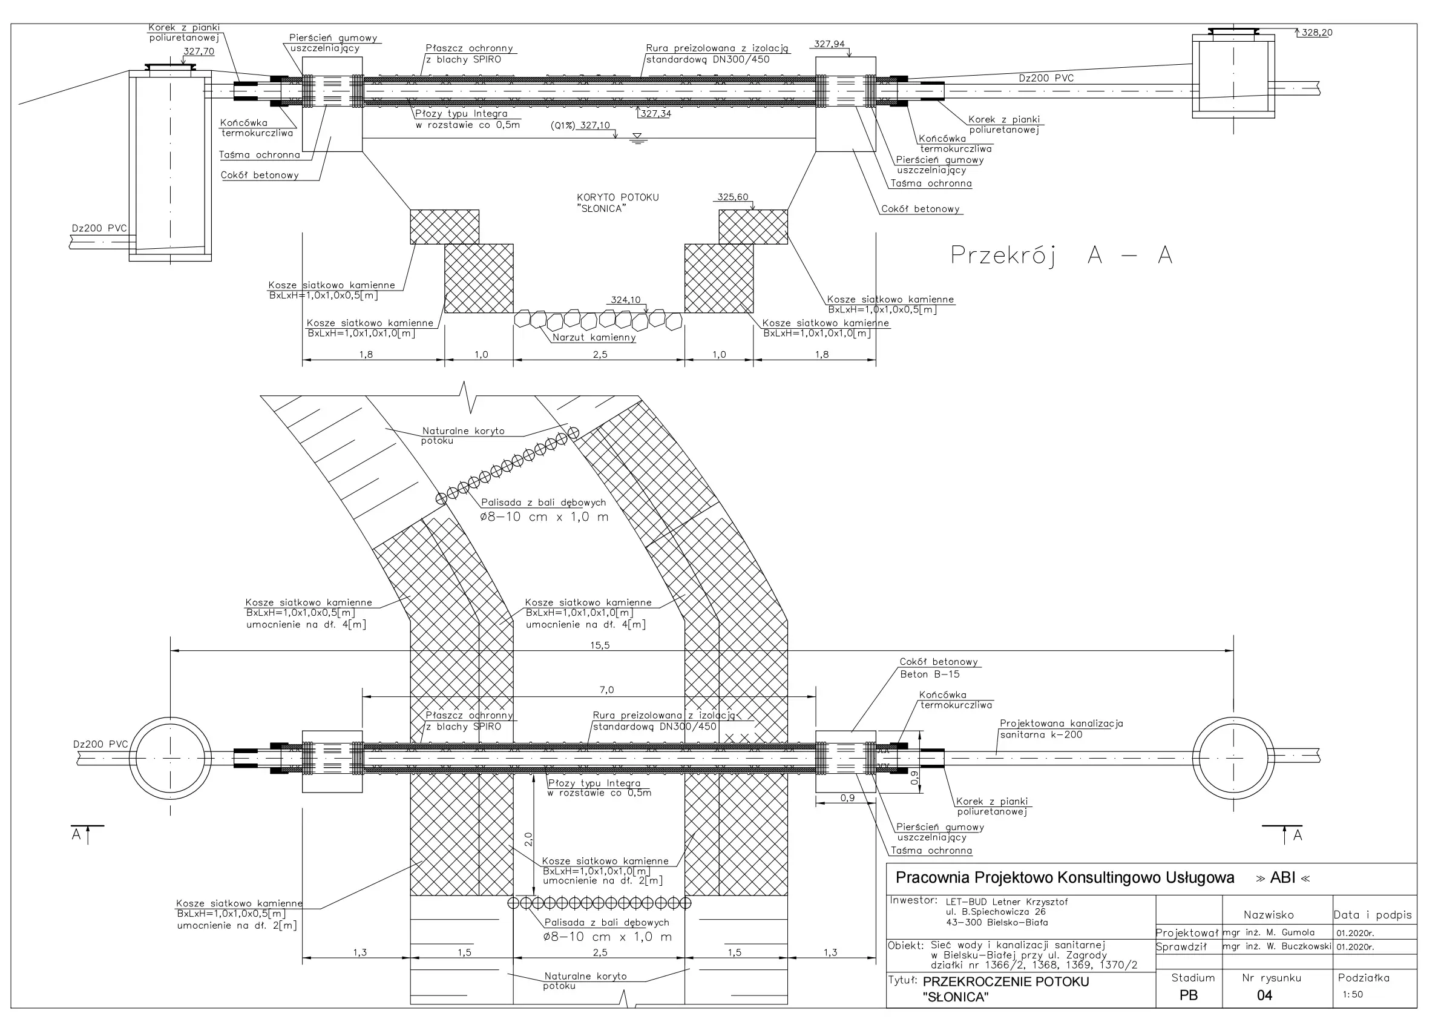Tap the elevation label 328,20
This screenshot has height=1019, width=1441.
(x=1316, y=33)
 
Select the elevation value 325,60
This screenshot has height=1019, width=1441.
(x=732, y=197)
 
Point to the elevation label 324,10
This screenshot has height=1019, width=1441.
(x=626, y=300)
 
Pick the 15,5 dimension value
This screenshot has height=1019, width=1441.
(x=599, y=645)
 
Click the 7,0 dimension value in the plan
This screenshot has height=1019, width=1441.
(x=606, y=690)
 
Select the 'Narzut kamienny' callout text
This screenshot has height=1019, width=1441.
(x=594, y=338)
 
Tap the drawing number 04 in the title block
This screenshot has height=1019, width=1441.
(x=1264, y=995)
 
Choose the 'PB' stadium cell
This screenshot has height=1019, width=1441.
(x=1188, y=995)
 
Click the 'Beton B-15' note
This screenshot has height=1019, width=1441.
(x=930, y=674)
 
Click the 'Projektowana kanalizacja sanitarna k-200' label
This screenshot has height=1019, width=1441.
(x=1061, y=729)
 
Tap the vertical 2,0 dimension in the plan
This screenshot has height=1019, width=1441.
(x=528, y=839)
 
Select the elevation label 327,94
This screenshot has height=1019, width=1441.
(x=829, y=45)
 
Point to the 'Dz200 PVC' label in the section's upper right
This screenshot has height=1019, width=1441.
(x=1046, y=79)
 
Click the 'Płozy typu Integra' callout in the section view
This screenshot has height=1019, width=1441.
(x=461, y=114)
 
